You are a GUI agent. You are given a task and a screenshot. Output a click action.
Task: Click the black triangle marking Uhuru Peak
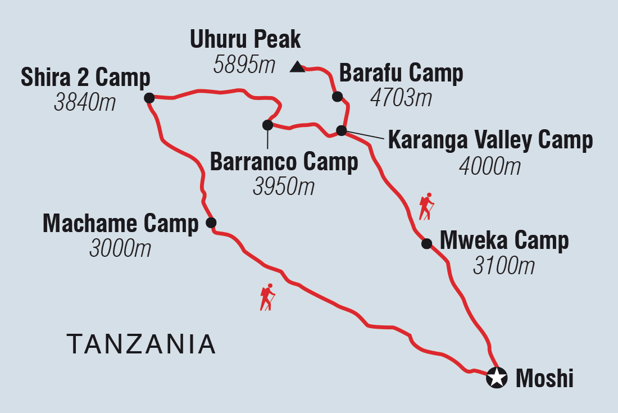(297, 68)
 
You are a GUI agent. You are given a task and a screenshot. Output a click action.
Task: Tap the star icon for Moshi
(496, 377)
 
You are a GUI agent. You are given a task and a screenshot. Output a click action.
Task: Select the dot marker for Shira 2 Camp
(149, 98)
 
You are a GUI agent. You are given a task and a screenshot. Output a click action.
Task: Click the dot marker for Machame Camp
(211, 223)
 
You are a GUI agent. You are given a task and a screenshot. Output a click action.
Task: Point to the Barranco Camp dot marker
(267, 125)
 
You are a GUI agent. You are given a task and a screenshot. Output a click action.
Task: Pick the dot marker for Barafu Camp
(337, 97)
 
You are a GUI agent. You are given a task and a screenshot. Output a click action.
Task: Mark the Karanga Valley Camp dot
(341, 131)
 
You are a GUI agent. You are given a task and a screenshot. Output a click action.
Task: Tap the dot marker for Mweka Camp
(426, 243)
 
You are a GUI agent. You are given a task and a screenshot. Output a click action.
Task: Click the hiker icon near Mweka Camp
(426, 206)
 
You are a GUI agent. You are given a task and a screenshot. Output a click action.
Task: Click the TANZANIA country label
(141, 343)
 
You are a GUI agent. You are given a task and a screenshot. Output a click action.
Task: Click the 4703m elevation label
(401, 98)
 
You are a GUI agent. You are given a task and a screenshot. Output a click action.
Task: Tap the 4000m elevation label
(489, 166)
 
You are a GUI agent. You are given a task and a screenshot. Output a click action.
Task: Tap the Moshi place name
(544, 379)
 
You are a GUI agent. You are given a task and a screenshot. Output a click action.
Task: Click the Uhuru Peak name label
(246, 40)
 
